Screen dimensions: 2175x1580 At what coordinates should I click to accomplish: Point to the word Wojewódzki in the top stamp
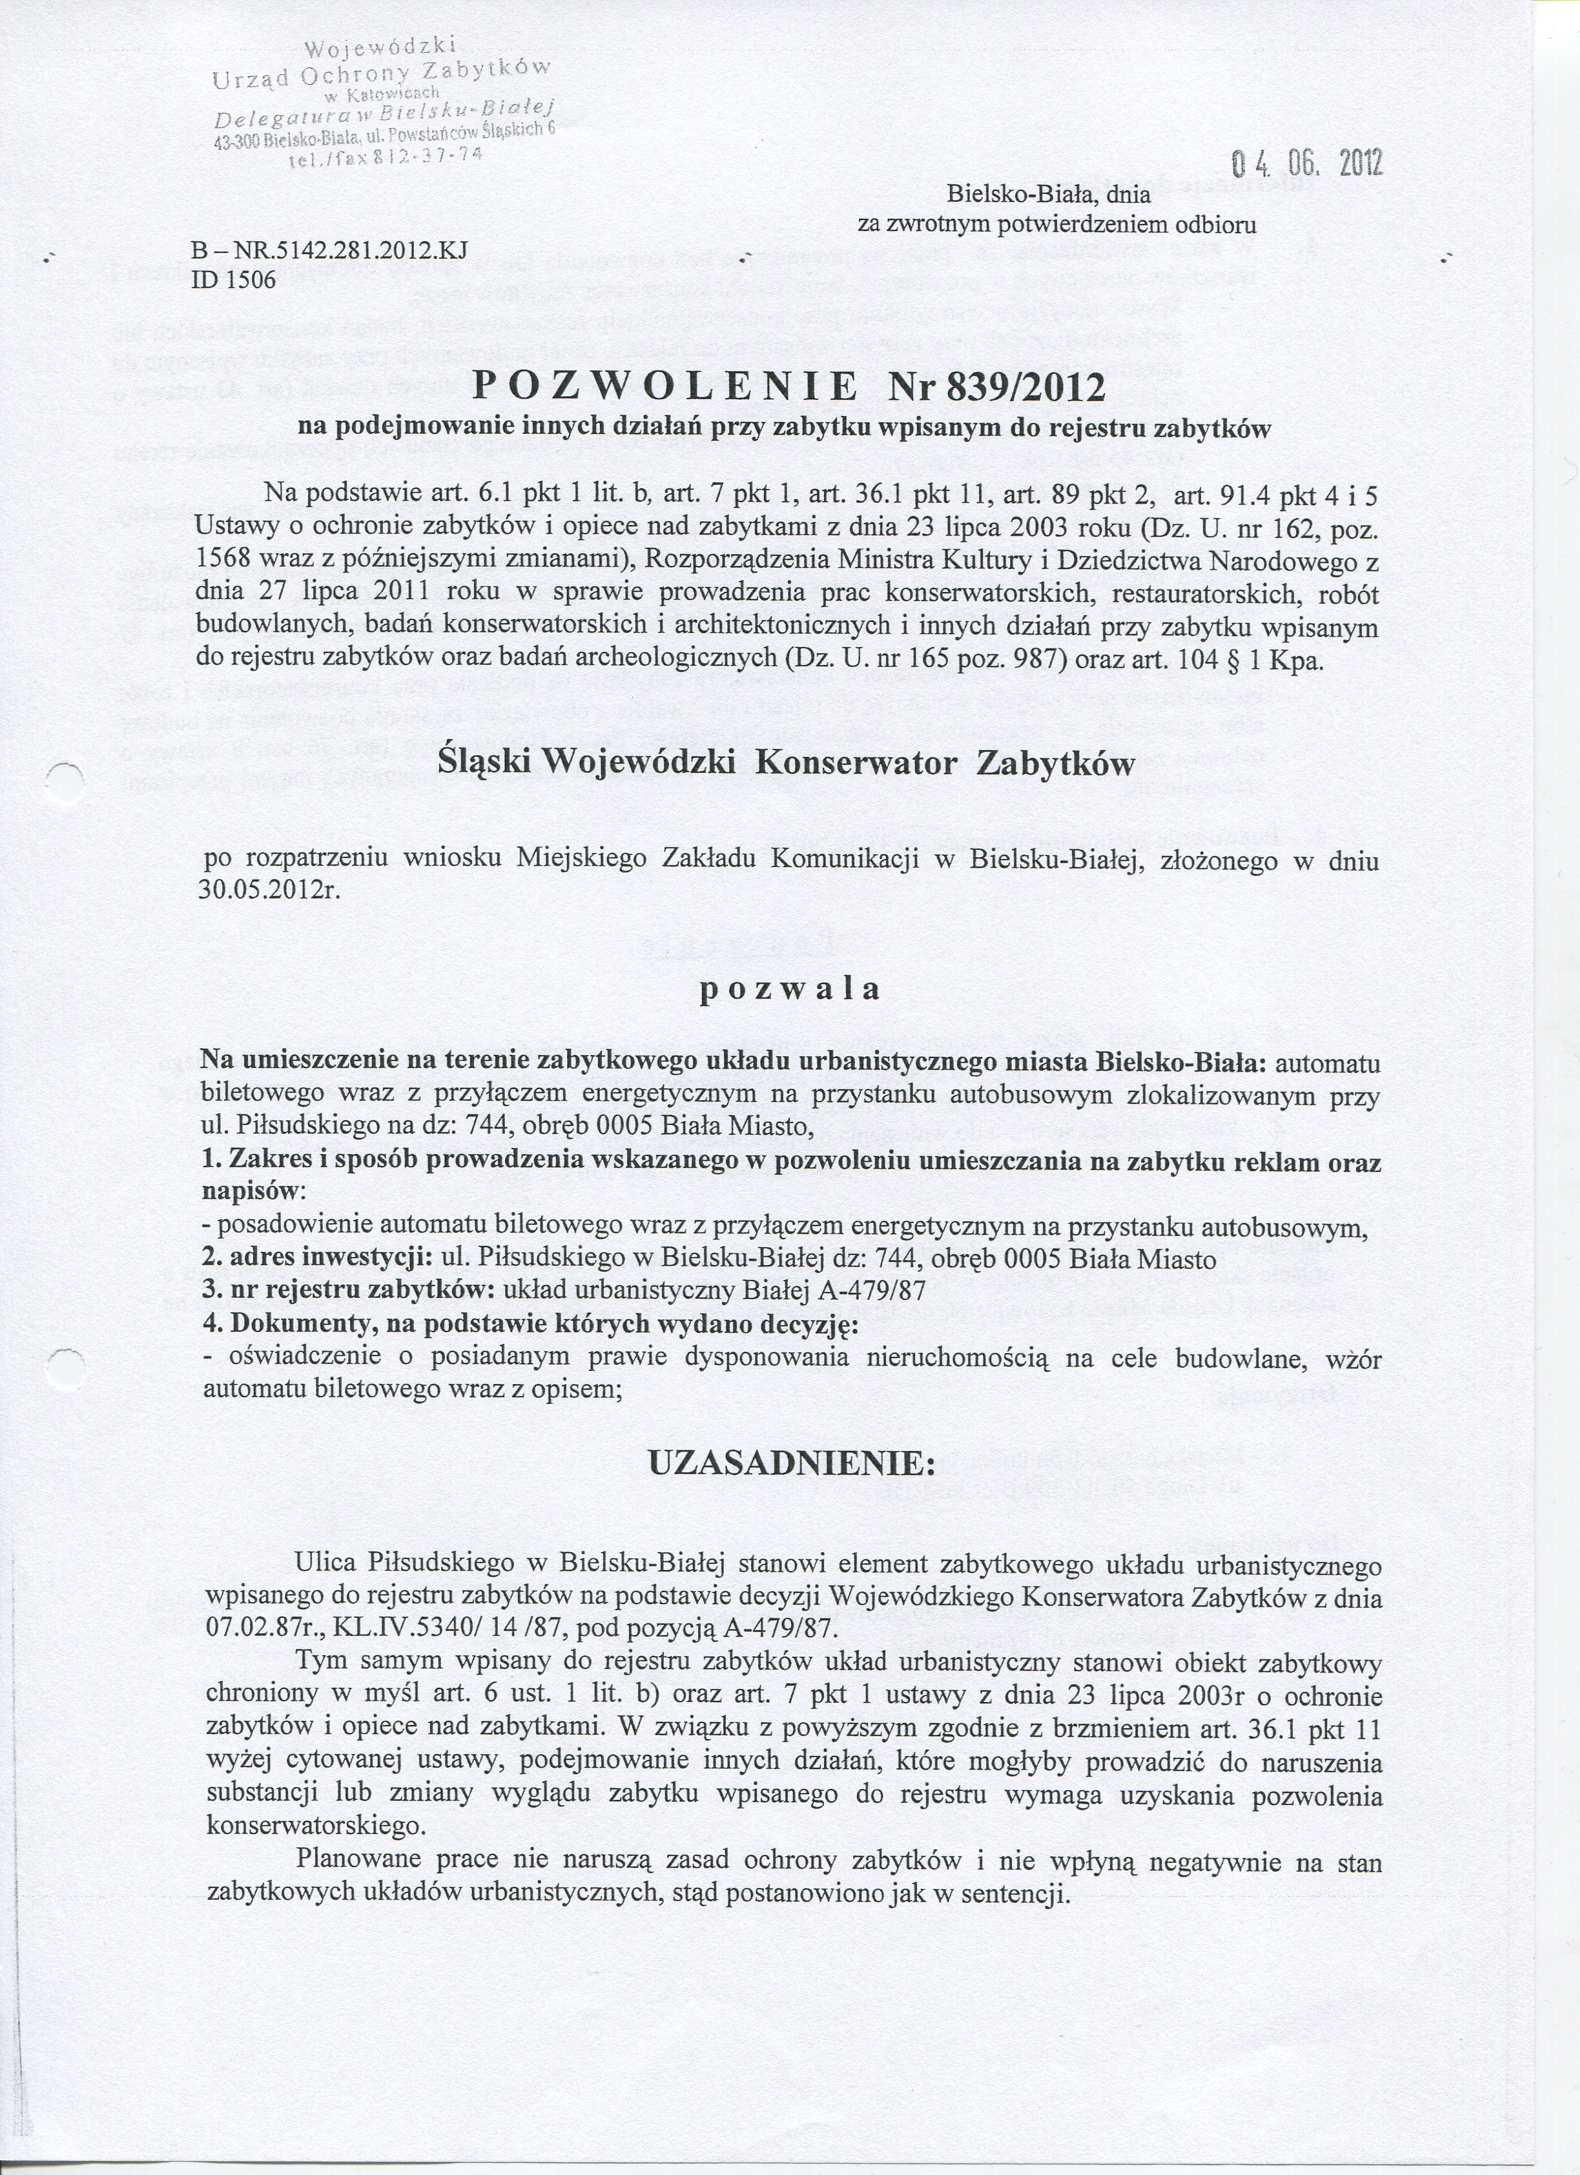coord(380,46)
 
